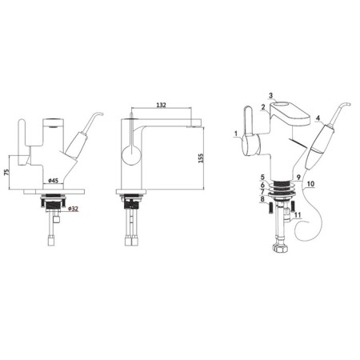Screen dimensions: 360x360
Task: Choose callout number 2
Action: [262, 108]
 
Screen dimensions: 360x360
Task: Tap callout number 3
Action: [272, 95]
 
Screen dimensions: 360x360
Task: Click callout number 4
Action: [318, 119]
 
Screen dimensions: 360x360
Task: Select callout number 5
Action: [262, 176]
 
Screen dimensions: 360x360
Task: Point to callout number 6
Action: [262, 185]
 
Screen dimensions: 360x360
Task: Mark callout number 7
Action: [262, 193]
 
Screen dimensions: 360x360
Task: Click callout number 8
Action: [262, 201]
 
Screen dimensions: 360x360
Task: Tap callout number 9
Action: [298, 177]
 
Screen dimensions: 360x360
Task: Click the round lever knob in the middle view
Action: [128, 154]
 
